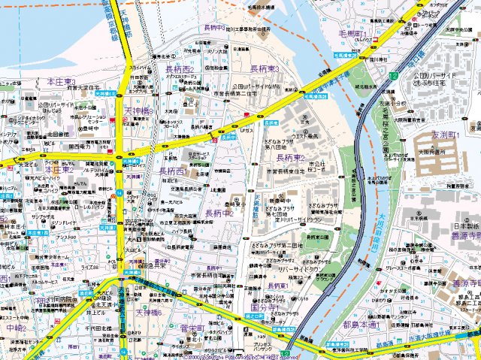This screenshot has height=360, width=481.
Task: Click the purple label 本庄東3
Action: point(61,80)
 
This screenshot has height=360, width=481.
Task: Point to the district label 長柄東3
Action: point(265,68)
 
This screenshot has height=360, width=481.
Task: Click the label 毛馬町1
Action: point(351,35)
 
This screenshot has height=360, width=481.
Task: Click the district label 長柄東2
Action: point(290,159)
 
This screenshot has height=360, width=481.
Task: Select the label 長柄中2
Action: point(219,213)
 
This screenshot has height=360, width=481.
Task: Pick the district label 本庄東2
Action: point(59,170)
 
